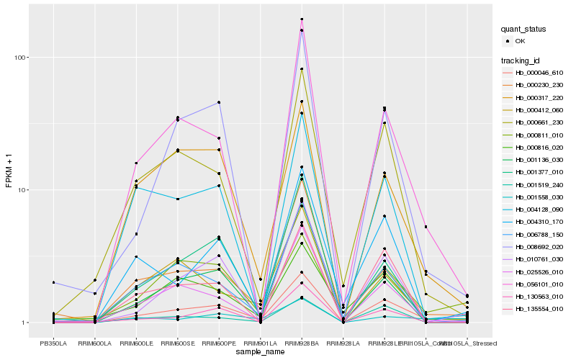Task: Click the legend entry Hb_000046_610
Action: pyautogui.click(x=537, y=73)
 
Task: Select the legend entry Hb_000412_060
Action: pyautogui.click(x=537, y=109)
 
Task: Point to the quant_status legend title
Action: pyautogui.click(x=524, y=29)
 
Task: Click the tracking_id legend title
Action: pyautogui.click(x=521, y=60)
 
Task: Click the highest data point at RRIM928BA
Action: pyautogui.click(x=302, y=19)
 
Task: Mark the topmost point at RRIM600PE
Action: pyautogui.click(x=219, y=102)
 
